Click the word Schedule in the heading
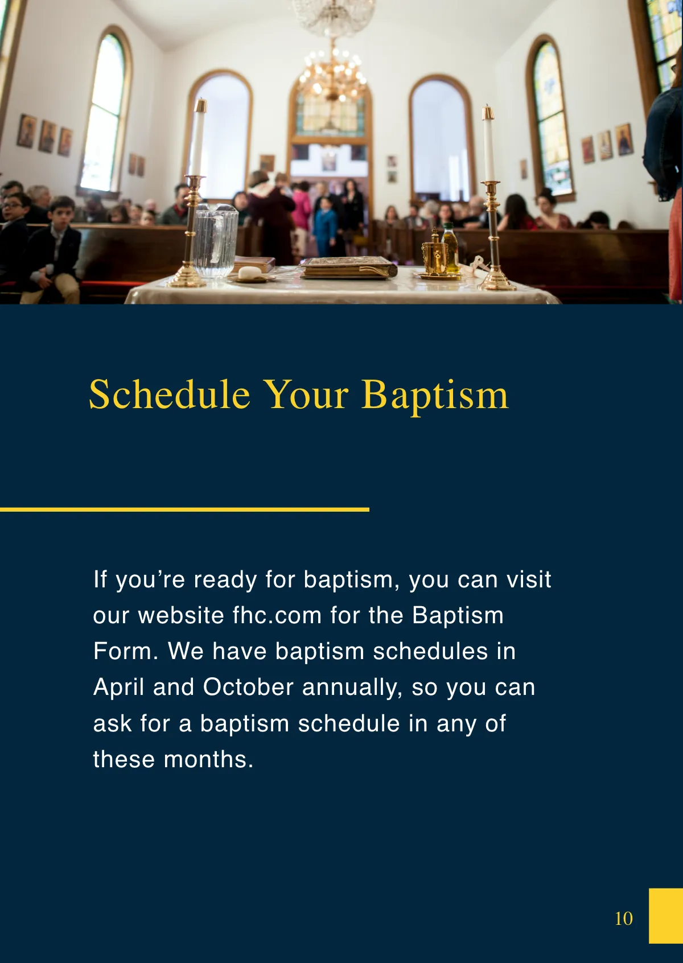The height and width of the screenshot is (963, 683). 170,394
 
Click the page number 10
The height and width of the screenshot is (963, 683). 624,918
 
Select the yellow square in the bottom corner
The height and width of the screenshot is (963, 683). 665,915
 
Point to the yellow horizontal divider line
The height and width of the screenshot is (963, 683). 184,509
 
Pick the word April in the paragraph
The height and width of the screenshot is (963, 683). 118,688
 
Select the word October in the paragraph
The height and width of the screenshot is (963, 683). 248,688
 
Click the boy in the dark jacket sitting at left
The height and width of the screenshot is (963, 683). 54,245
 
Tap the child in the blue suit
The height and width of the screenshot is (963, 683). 326,225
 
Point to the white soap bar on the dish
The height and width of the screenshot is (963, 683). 249,273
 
